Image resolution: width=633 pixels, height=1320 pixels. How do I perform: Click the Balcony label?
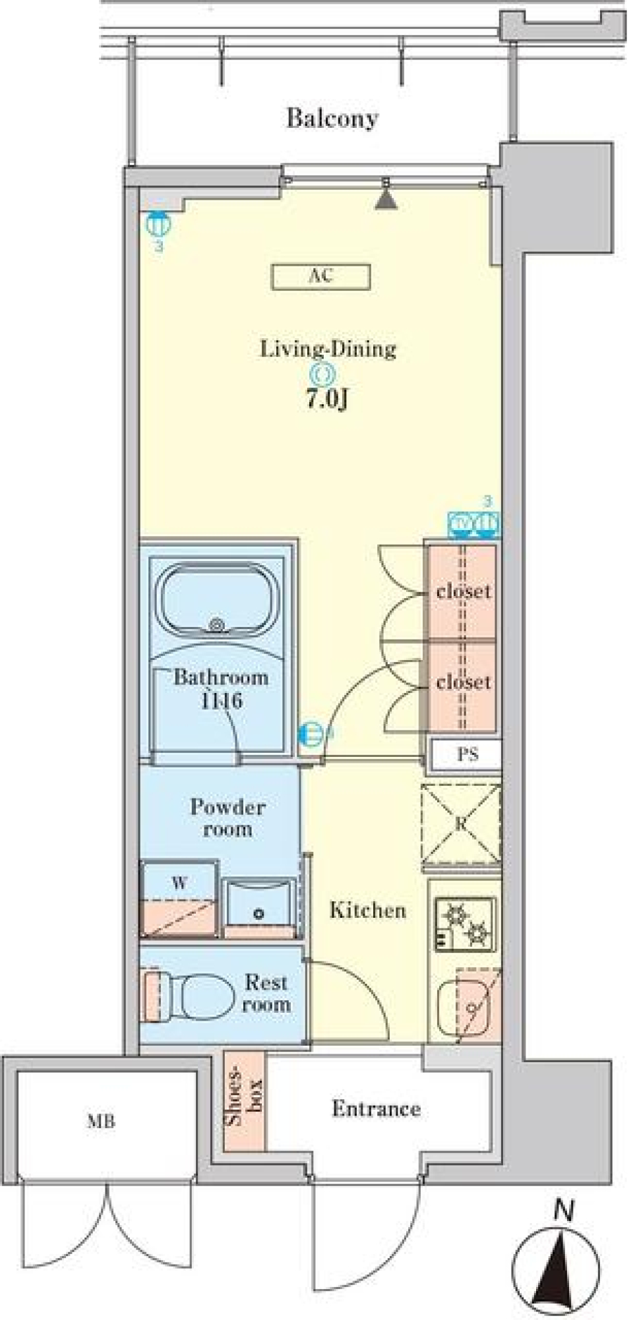tap(332, 119)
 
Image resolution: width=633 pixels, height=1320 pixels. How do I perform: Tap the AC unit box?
tap(320, 277)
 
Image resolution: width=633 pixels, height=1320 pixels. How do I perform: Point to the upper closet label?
tap(463, 591)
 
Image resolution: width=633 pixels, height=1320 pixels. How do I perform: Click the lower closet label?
tap(463, 682)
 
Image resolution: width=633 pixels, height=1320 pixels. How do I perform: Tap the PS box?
tap(467, 754)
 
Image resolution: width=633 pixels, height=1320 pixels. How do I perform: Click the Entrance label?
tap(376, 1108)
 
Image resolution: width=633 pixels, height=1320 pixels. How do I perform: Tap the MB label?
tap(101, 1121)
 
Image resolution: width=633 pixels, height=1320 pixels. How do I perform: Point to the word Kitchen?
tap(367, 911)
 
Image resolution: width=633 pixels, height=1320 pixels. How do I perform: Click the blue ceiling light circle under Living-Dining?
tap(324, 375)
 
